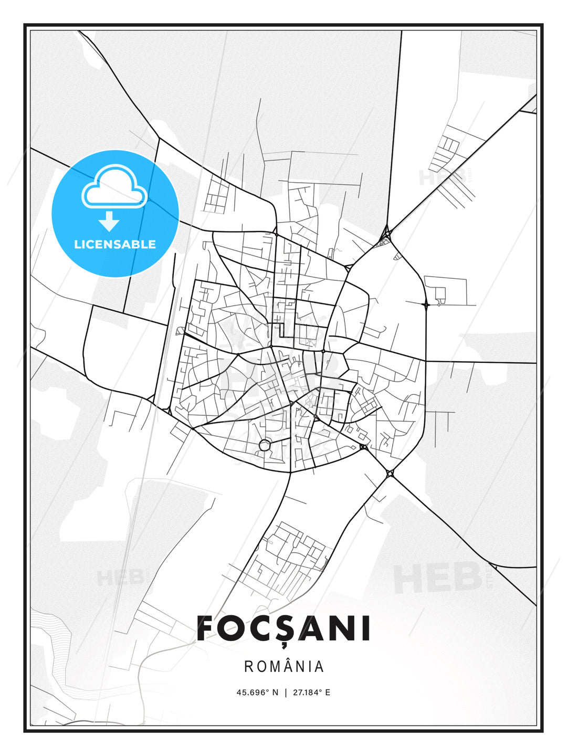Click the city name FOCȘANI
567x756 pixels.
[x=283, y=628]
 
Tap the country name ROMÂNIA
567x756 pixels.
[x=283, y=666]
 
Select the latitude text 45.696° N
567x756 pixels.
[x=258, y=692]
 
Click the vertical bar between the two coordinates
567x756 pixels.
[x=286, y=692]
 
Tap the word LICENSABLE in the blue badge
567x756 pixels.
[x=115, y=244]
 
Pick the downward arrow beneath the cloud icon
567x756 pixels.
[x=109, y=220]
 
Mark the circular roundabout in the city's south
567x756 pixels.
[x=265, y=446]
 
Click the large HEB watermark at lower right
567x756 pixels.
[x=438, y=577]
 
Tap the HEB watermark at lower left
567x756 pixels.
[x=120, y=577]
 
